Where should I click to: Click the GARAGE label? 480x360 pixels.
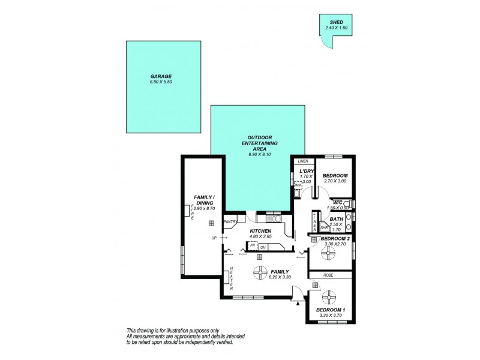point(161,76)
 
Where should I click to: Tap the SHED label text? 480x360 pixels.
point(335,22)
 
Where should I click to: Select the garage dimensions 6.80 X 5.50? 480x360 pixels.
point(161,82)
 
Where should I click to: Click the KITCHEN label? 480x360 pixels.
point(262,231)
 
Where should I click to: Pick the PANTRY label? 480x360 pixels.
point(230,222)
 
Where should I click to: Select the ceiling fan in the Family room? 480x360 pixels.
point(259,273)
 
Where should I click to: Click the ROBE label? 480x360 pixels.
point(328,275)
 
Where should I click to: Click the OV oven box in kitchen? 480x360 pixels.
point(263,247)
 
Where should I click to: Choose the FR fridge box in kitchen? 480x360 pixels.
point(253,245)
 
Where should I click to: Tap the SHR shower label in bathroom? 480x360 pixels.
point(323,227)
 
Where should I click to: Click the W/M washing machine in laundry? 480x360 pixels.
point(298,185)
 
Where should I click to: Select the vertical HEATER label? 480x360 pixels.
point(231,277)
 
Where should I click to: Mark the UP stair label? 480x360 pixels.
point(214,238)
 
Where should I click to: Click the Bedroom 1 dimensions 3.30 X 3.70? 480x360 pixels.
point(331,315)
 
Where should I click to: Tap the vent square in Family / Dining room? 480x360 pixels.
point(211,223)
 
